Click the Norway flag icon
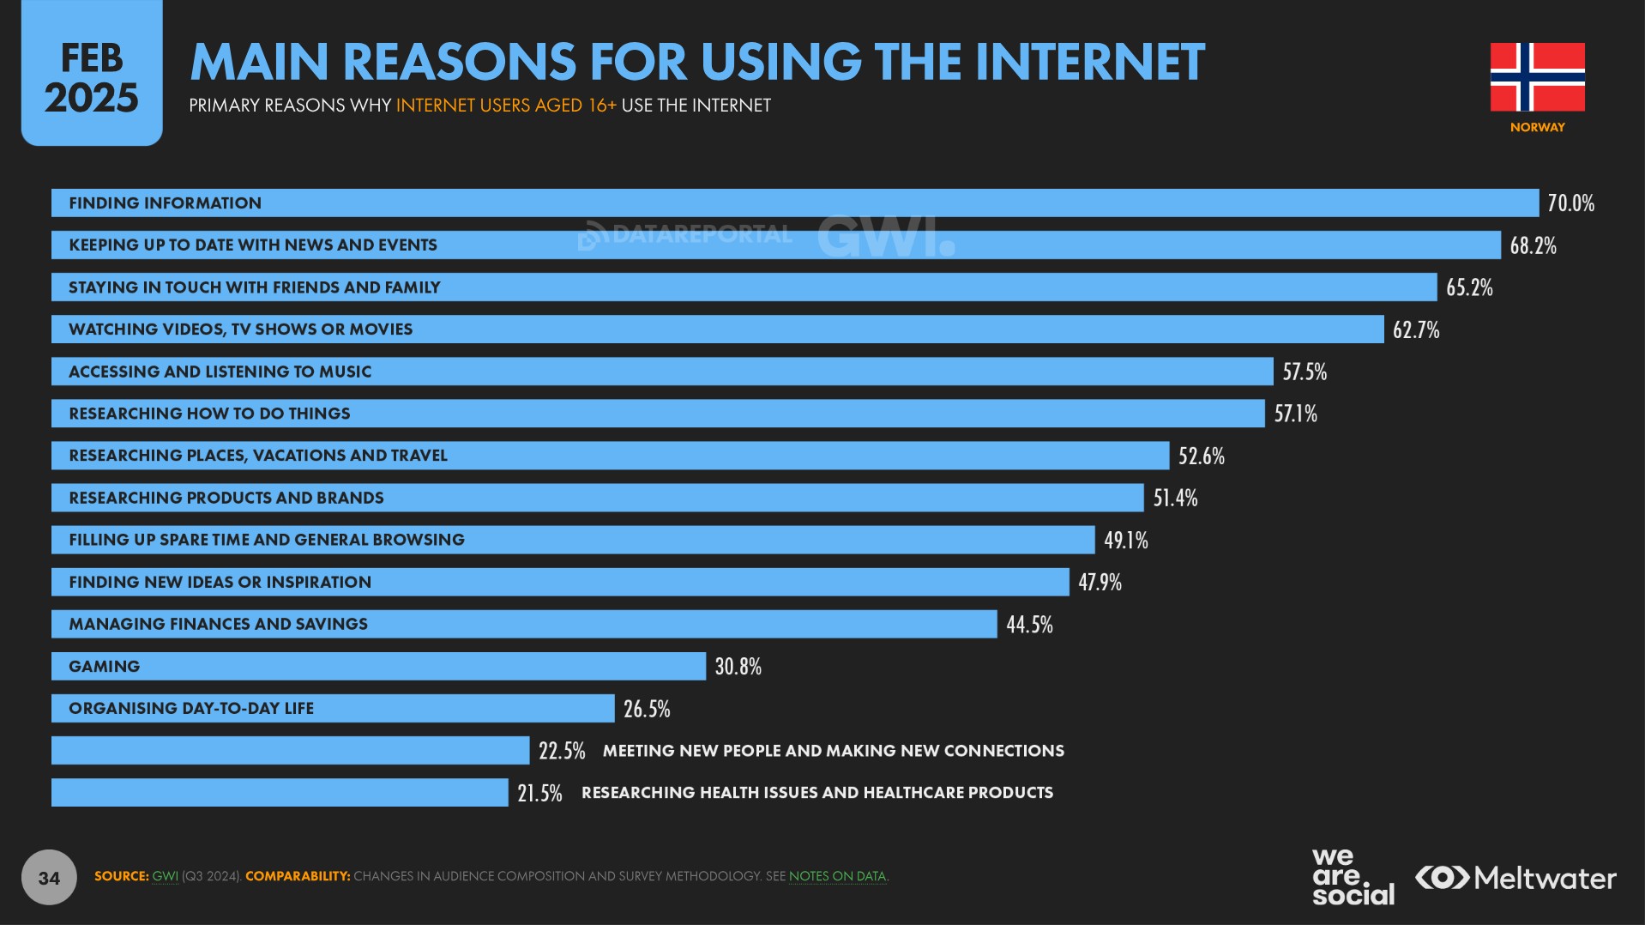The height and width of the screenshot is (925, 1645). [x=1537, y=77]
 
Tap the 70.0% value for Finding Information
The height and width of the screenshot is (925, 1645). [x=1570, y=203]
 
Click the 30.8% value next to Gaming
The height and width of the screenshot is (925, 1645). [x=738, y=667]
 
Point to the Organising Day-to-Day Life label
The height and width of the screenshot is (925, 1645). [x=191, y=709]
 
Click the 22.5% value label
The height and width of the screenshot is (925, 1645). [x=562, y=751]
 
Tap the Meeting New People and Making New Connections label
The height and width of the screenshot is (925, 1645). [x=833, y=751]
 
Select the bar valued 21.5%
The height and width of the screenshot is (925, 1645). [x=280, y=793]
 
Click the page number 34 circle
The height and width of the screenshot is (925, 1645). [x=49, y=877]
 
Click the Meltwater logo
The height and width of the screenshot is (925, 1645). [x=1515, y=878]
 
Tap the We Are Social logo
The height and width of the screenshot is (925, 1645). [x=1353, y=876]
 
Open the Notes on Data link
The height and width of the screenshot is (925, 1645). [x=837, y=876]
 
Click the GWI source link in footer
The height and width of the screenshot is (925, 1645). [x=165, y=876]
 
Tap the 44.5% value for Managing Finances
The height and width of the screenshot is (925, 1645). [x=1029, y=625]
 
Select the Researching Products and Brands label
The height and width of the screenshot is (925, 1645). [x=226, y=498]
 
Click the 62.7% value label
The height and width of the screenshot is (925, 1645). [x=1416, y=329]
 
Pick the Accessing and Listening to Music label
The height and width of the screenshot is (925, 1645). [x=220, y=372]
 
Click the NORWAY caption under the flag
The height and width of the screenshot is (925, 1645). [x=1537, y=127]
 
